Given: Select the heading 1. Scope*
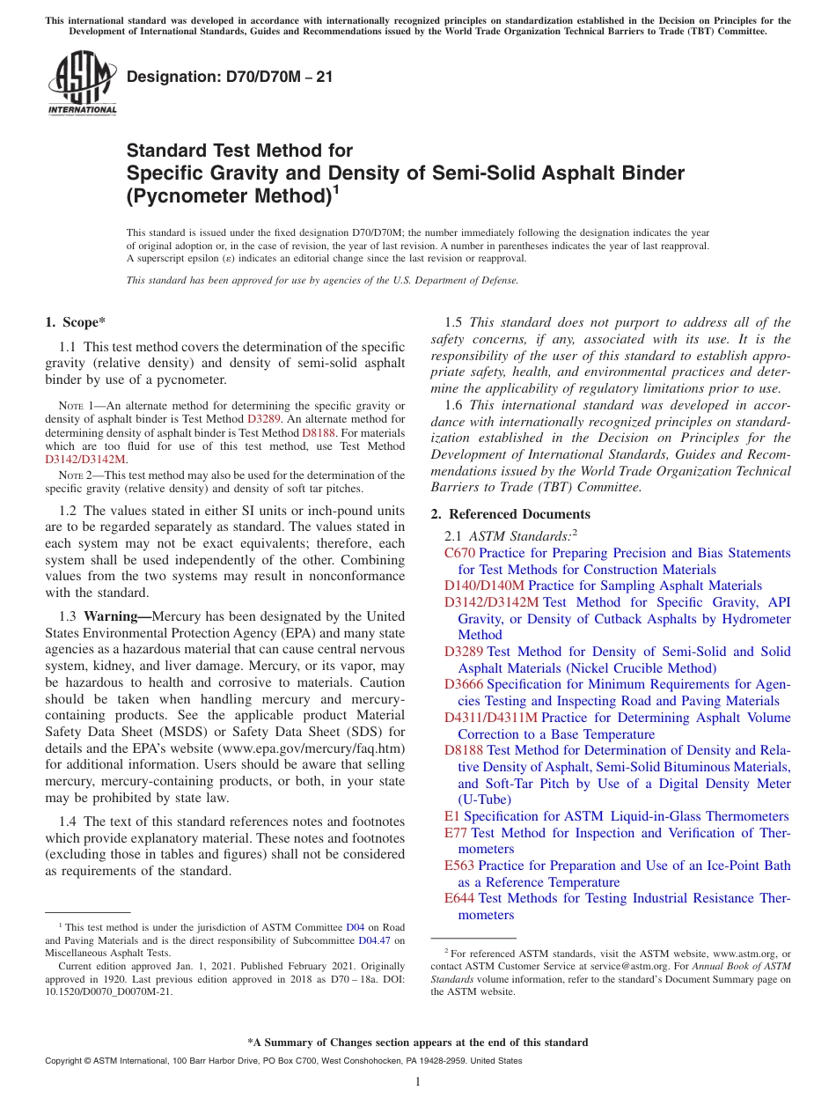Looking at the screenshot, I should click(x=76, y=323).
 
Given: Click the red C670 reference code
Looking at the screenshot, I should click(x=459, y=553).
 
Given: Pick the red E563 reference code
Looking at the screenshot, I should click(x=459, y=866).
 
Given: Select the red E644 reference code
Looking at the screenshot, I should click(x=459, y=898).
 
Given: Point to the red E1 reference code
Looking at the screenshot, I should click(x=451, y=816).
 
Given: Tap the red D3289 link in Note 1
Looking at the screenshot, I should click(x=263, y=420).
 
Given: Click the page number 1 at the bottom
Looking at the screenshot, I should click(x=418, y=1082).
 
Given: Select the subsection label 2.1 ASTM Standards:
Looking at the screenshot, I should click(x=510, y=534).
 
